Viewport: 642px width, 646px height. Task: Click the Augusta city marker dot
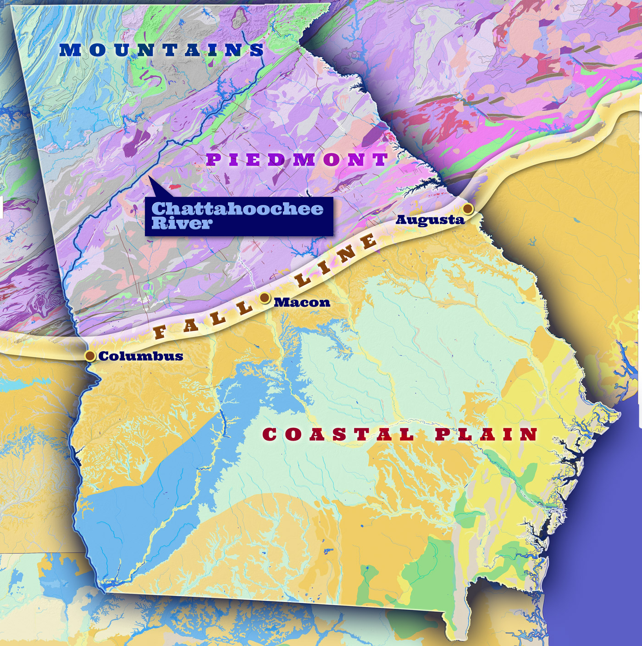[468, 209]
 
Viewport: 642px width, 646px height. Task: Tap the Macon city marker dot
[265, 298]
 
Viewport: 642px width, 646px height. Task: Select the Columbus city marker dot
[90, 356]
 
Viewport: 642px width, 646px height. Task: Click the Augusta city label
[430, 220]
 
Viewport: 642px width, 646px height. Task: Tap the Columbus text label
[141, 356]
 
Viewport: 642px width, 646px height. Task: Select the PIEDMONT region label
[298, 160]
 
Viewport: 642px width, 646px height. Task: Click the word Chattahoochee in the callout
[237, 209]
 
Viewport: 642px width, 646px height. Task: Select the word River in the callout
[182, 223]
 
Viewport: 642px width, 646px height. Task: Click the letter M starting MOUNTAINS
[70, 50]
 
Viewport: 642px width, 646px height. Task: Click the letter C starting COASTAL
[271, 434]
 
